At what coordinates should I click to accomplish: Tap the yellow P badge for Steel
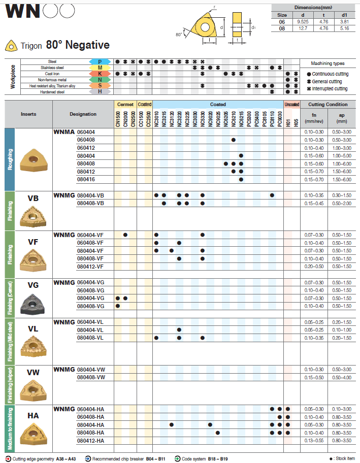pos(100,61)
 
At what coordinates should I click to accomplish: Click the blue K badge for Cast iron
pos(100,74)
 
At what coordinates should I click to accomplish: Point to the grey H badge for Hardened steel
pos(100,92)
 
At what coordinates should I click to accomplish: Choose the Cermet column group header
pos(125,105)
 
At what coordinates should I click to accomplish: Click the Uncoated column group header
pos(292,105)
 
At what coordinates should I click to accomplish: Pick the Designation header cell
pos(83,114)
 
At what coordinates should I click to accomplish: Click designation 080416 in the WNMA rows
pos(85,179)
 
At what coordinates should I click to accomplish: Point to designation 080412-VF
pos(90,266)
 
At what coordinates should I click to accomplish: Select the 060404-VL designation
pos(90,322)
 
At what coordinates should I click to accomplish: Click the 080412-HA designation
pos(90,440)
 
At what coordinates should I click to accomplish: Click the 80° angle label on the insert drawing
pos(179,35)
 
